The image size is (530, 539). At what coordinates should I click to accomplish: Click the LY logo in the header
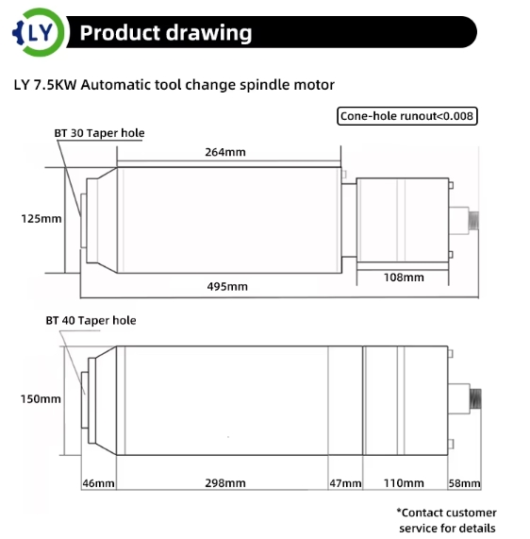pos(39,32)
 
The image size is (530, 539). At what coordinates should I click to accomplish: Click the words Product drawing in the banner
pos(166,33)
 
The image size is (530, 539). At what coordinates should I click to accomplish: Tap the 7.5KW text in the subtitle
pos(55,85)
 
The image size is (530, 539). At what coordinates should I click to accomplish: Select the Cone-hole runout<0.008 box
pos(407,116)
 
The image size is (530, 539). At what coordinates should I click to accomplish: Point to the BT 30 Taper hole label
pos(99,133)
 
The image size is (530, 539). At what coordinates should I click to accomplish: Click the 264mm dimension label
pos(225,152)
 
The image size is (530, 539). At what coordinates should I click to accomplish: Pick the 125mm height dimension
pos(41,219)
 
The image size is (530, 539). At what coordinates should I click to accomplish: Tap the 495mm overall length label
pos(227,286)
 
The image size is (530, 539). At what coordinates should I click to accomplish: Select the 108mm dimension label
pos(404,278)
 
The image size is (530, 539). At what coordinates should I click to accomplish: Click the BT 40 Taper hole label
pos(91,320)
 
